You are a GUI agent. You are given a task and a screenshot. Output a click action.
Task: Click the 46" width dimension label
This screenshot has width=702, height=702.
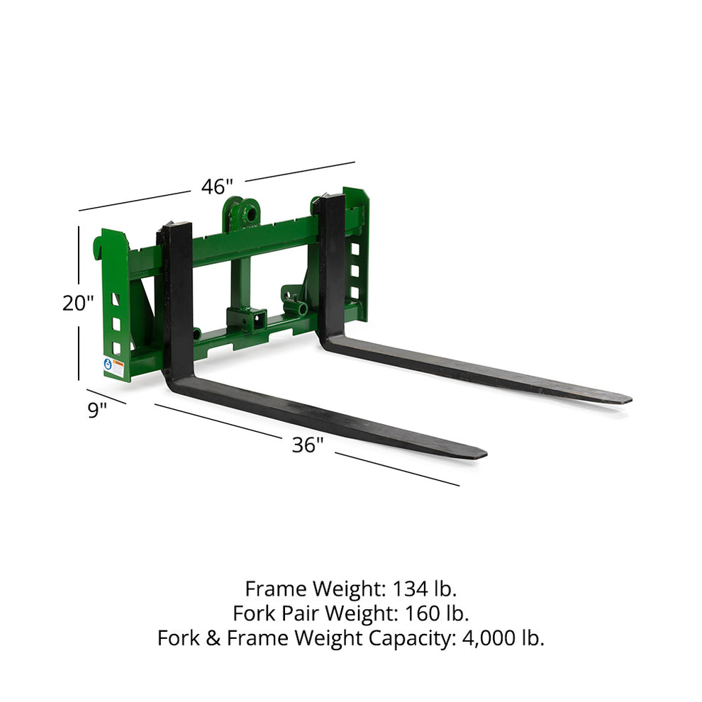pyautogui.click(x=217, y=187)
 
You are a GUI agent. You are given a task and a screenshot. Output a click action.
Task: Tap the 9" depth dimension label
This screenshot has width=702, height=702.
pyautogui.click(x=97, y=409)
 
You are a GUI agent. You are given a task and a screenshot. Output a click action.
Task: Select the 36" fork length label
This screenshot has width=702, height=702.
pyautogui.click(x=308, y=445)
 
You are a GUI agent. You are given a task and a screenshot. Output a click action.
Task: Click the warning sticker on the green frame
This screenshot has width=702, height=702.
pyautogui.click(x=113, y=367)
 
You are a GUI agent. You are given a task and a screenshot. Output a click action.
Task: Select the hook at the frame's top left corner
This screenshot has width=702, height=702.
pyautogui.click(x=98, y=247)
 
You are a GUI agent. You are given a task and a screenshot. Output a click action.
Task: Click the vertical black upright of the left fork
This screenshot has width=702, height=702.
pyautogui.click(x=177, y=298)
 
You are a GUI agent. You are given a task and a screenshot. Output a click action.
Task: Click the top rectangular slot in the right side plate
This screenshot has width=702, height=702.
pyautogui.click(x=354, y=249)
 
